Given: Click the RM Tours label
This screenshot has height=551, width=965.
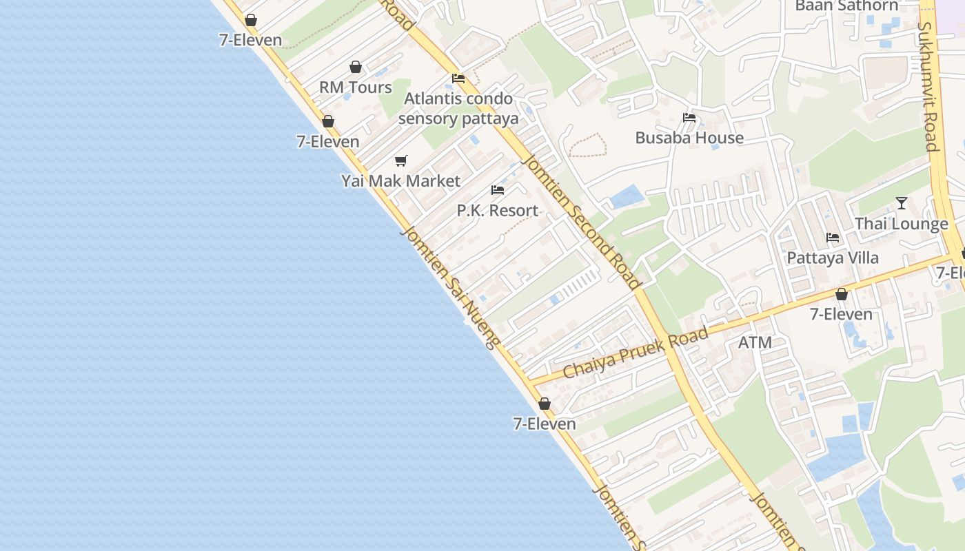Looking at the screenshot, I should [x=355, y=87].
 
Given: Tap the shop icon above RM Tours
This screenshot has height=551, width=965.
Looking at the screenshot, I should [x=356, y=67].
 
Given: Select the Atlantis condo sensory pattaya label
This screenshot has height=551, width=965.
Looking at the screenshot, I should [x=458, y=108].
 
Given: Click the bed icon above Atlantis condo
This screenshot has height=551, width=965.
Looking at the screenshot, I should [x=458, y=79].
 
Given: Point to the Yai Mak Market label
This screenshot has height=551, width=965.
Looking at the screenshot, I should [x=400, y=181].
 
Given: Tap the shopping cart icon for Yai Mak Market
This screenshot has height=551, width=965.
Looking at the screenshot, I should [x=400, y=161].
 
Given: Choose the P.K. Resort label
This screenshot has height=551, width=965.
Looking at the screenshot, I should [x=497, y=210].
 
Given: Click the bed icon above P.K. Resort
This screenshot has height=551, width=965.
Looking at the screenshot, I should [x=498, y=190].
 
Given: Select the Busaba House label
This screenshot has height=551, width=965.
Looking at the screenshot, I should [x=689, y=138].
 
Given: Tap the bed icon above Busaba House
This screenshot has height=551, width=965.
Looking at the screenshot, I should [x=689, y=118].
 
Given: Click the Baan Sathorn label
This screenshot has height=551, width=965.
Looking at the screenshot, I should [x=846, y=6].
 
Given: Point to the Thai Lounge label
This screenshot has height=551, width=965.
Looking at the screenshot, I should [x=901, y=224].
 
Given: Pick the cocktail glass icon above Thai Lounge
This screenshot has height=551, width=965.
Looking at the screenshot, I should [x=901, y=203].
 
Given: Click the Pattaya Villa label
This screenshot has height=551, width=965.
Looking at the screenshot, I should [x=833, y=258].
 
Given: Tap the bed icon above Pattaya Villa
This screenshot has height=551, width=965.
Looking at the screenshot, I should [x=833, y=238].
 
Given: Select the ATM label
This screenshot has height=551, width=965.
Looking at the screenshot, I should [x=755, y=342].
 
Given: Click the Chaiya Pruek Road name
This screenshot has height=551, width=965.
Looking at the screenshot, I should [x=635, y=353].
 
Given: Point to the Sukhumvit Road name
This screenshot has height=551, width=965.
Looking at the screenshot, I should [x=928, y=86].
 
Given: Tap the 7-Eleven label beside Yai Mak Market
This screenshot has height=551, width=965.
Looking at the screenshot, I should [x=328, y=142].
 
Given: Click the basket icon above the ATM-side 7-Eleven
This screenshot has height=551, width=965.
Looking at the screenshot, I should [x=841, y=295].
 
